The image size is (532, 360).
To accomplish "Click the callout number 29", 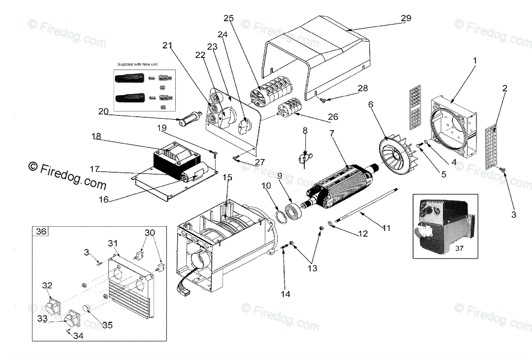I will click(406, 18).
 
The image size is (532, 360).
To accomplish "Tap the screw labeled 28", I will click(323, 100).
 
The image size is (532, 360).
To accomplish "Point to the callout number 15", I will click(228, 177).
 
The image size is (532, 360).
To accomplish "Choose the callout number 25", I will click(229, 18).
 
